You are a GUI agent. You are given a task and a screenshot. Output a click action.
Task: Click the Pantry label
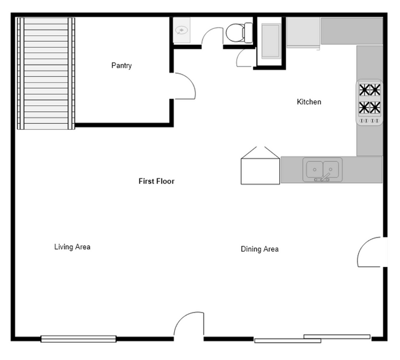pyautogui.click(x=121, y=66)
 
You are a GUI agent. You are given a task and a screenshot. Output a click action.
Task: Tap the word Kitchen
pyautogui.click(x=309, y=102)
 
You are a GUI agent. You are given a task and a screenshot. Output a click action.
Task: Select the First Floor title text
pyautogui.click(x=156, y=182)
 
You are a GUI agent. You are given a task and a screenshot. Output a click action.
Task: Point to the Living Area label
pyautogui.click(x=72, y=247)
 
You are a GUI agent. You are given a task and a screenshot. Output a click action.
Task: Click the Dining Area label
pyautogui.click(x=259, y=249)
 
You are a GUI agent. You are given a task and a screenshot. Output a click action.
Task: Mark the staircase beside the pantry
pyautogui.click(x=46, y=73)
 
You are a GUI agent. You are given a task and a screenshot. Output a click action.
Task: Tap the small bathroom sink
pyautogui.click(x=183, y=30)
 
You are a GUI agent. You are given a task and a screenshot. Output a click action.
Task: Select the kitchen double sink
pyautogui.click(x=322, y=168)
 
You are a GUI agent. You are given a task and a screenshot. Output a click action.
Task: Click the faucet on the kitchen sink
pyautogui.click(x=322, y=178)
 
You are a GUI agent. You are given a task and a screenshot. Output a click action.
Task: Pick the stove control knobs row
pyautogui.click(x=369, y=121)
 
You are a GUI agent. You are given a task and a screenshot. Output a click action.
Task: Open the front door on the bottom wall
pyautogui.click(x=189, y=326)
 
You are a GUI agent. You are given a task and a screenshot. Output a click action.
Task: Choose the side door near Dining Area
pyautogui.click(x=371, y=252)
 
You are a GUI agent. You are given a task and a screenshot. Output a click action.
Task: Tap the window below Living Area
pyautogui.click(x=78, y=338)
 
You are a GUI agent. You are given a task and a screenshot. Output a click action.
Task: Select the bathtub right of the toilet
pyautogui.click(x=270, y=41)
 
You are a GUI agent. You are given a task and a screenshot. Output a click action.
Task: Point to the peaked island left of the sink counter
pyautogui.click(x=260, y=166)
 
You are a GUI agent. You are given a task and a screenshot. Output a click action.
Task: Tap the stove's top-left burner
pyautogui.click(x=364, y=89)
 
